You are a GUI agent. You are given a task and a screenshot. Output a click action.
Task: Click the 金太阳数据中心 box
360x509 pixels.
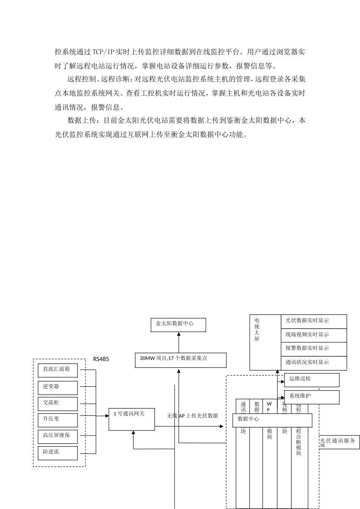(x=178, y=325)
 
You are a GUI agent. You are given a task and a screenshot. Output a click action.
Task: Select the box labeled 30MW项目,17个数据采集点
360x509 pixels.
(x=181, y=360)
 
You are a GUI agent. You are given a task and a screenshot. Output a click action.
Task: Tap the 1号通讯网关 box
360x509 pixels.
(x=132, y=419)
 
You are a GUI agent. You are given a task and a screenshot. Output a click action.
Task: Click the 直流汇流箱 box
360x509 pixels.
(x=58, y=370)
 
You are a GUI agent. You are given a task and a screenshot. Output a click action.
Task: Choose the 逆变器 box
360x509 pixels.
(x=58, y=387)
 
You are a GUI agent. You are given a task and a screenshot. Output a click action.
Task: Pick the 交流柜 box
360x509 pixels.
(x=58, y=403)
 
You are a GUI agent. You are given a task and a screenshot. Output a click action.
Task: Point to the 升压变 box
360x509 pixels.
(x=58, y=420)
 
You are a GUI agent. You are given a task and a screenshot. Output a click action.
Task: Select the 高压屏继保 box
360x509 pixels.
(x=58, y=436)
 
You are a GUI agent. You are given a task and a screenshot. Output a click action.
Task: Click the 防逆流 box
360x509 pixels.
(x=58, y=453)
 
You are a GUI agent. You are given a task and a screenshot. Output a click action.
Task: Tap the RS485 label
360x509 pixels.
(x=101, y=359)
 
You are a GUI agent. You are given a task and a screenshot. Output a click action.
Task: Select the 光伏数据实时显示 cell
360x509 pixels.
(x=314, y=321)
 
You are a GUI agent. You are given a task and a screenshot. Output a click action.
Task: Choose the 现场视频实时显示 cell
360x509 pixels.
(x=314, y=335)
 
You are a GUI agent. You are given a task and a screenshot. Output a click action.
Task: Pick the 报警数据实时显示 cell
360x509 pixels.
(x=314, y=349)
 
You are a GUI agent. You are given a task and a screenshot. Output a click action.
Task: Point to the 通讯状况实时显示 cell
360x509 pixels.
(x=314, y=363)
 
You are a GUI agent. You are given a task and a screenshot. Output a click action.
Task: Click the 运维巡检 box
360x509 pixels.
(x=311, y=380)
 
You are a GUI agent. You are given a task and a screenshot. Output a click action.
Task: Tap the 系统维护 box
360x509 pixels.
(x=311, y=397)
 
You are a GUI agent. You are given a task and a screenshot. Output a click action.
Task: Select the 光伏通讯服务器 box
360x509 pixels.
(x=338, y=442)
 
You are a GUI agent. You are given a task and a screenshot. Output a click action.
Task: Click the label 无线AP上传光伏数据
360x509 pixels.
(x=193, y=416)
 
